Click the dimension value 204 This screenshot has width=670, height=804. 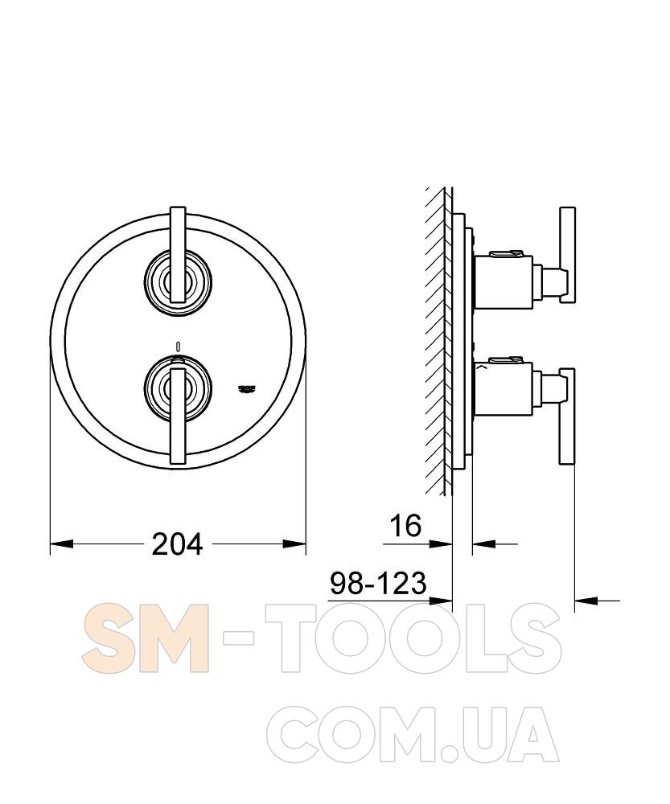click(178, 544)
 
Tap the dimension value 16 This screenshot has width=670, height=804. click(405, 526)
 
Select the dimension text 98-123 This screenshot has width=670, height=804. click(378, 584)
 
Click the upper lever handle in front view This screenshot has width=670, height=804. click(178, 255)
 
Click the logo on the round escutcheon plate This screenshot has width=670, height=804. click(247, 388)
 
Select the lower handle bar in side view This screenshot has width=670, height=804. click(567, 416)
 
